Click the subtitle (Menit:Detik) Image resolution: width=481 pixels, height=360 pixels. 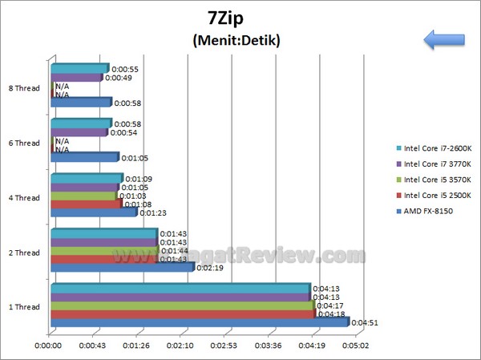pos(236,40)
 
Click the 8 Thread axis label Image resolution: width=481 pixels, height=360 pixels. pos(23,88)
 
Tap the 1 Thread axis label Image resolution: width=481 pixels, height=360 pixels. pos(23,307)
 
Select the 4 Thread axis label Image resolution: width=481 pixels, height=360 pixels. pos(23,198)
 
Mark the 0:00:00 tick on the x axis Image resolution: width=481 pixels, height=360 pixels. pos(50,346)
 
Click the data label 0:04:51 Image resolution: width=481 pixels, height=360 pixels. pos(365,323)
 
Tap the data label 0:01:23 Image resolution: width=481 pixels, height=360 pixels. pos(152,213)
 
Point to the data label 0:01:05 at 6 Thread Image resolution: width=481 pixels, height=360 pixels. pos(133,158)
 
